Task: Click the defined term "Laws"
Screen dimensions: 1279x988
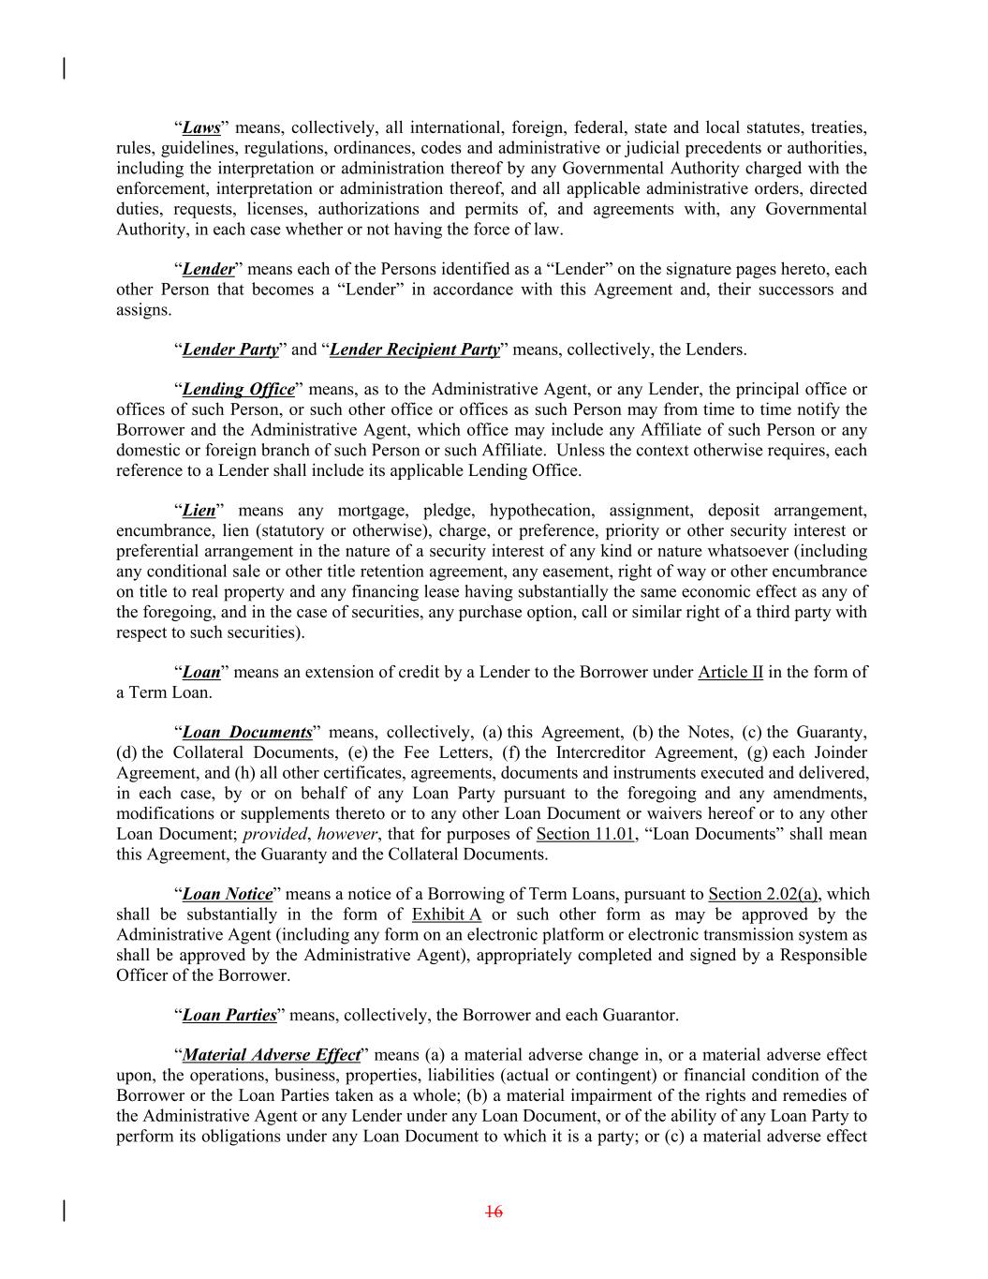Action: coord(201,128)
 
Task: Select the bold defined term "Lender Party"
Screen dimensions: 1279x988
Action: coord(230,350)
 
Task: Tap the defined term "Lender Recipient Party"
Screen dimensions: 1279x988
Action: coord(415,350)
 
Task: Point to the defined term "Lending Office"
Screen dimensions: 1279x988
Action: coord(238,390)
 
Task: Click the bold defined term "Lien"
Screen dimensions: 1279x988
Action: coord(199,512)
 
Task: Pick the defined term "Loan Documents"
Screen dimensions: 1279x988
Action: coord(247,733)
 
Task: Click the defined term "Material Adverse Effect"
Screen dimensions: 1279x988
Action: coord(272,1056)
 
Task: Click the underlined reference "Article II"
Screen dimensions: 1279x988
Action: coord(730,673)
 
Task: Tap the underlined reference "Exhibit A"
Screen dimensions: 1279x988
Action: coord(447,915)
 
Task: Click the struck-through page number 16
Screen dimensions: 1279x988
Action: coord(494,1212)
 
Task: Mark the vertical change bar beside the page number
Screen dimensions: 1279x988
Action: coord(64,1211)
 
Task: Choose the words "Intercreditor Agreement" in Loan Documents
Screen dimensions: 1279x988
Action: coord(644,753)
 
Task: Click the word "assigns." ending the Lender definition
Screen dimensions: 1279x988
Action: coord(144,310)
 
